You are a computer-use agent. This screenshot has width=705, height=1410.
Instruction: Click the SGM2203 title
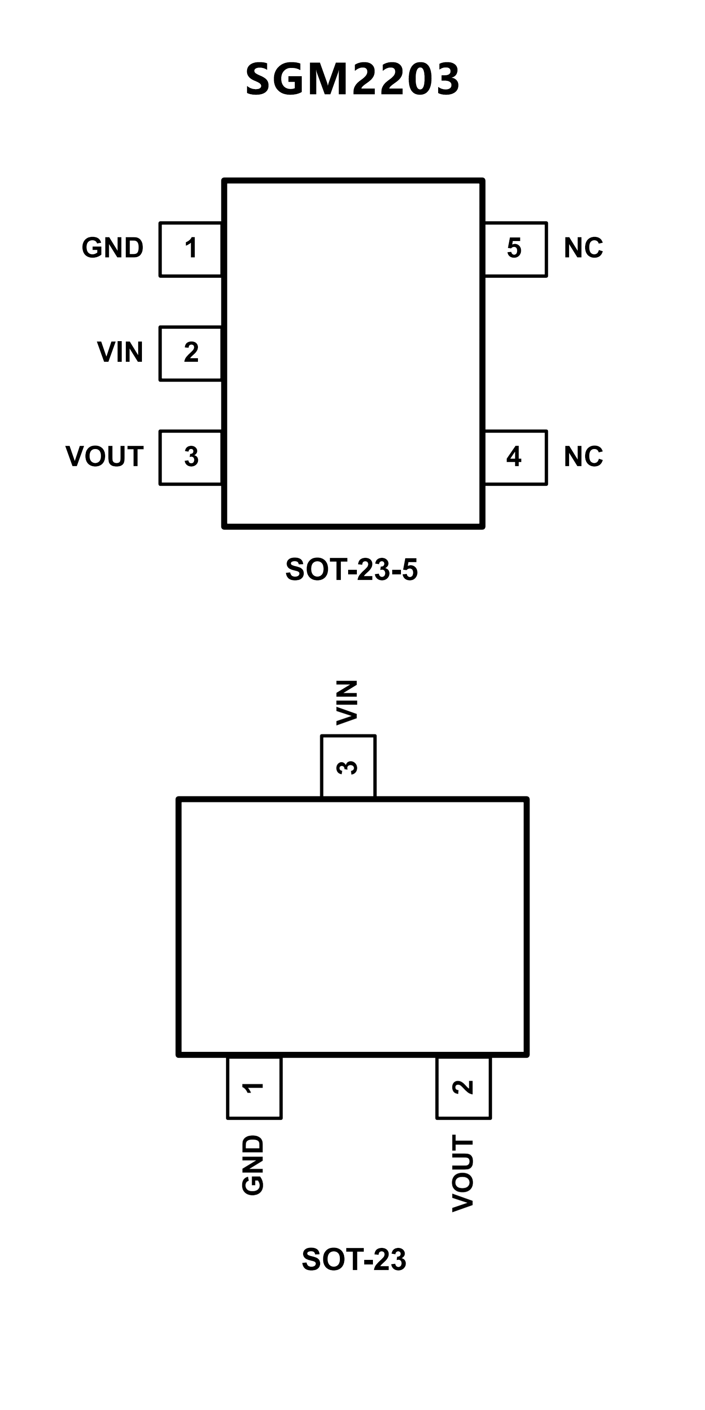[353, 79]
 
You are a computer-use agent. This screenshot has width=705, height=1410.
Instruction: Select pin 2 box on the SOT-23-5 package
[191, 353]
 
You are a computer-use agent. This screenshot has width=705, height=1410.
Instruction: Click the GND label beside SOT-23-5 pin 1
[113, 248]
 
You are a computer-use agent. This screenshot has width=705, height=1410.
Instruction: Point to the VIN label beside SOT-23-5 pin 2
[120, 352]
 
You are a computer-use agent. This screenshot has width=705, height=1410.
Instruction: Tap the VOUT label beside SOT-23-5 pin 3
[105, 456]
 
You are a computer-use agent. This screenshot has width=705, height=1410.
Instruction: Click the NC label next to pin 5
[583, 248]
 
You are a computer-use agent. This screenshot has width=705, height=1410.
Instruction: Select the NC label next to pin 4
[583, 456]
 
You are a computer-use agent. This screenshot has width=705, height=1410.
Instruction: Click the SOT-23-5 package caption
[351, 570]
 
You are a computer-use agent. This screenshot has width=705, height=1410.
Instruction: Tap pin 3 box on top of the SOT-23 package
[348, 766]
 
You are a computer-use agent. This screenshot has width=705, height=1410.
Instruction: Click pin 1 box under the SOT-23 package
[254, 1088]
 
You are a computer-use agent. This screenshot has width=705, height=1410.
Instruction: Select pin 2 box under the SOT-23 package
[463, 1088]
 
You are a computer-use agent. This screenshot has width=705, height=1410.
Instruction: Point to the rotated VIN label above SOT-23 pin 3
[347, 703]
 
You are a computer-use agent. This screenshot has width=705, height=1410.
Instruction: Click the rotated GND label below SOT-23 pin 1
[253, 1165]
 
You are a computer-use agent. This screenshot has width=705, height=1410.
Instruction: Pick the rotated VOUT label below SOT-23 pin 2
[462, 1173]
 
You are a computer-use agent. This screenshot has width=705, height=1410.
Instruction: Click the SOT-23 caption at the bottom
[354, 1259]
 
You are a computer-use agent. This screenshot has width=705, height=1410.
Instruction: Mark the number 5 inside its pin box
[514, 248]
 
